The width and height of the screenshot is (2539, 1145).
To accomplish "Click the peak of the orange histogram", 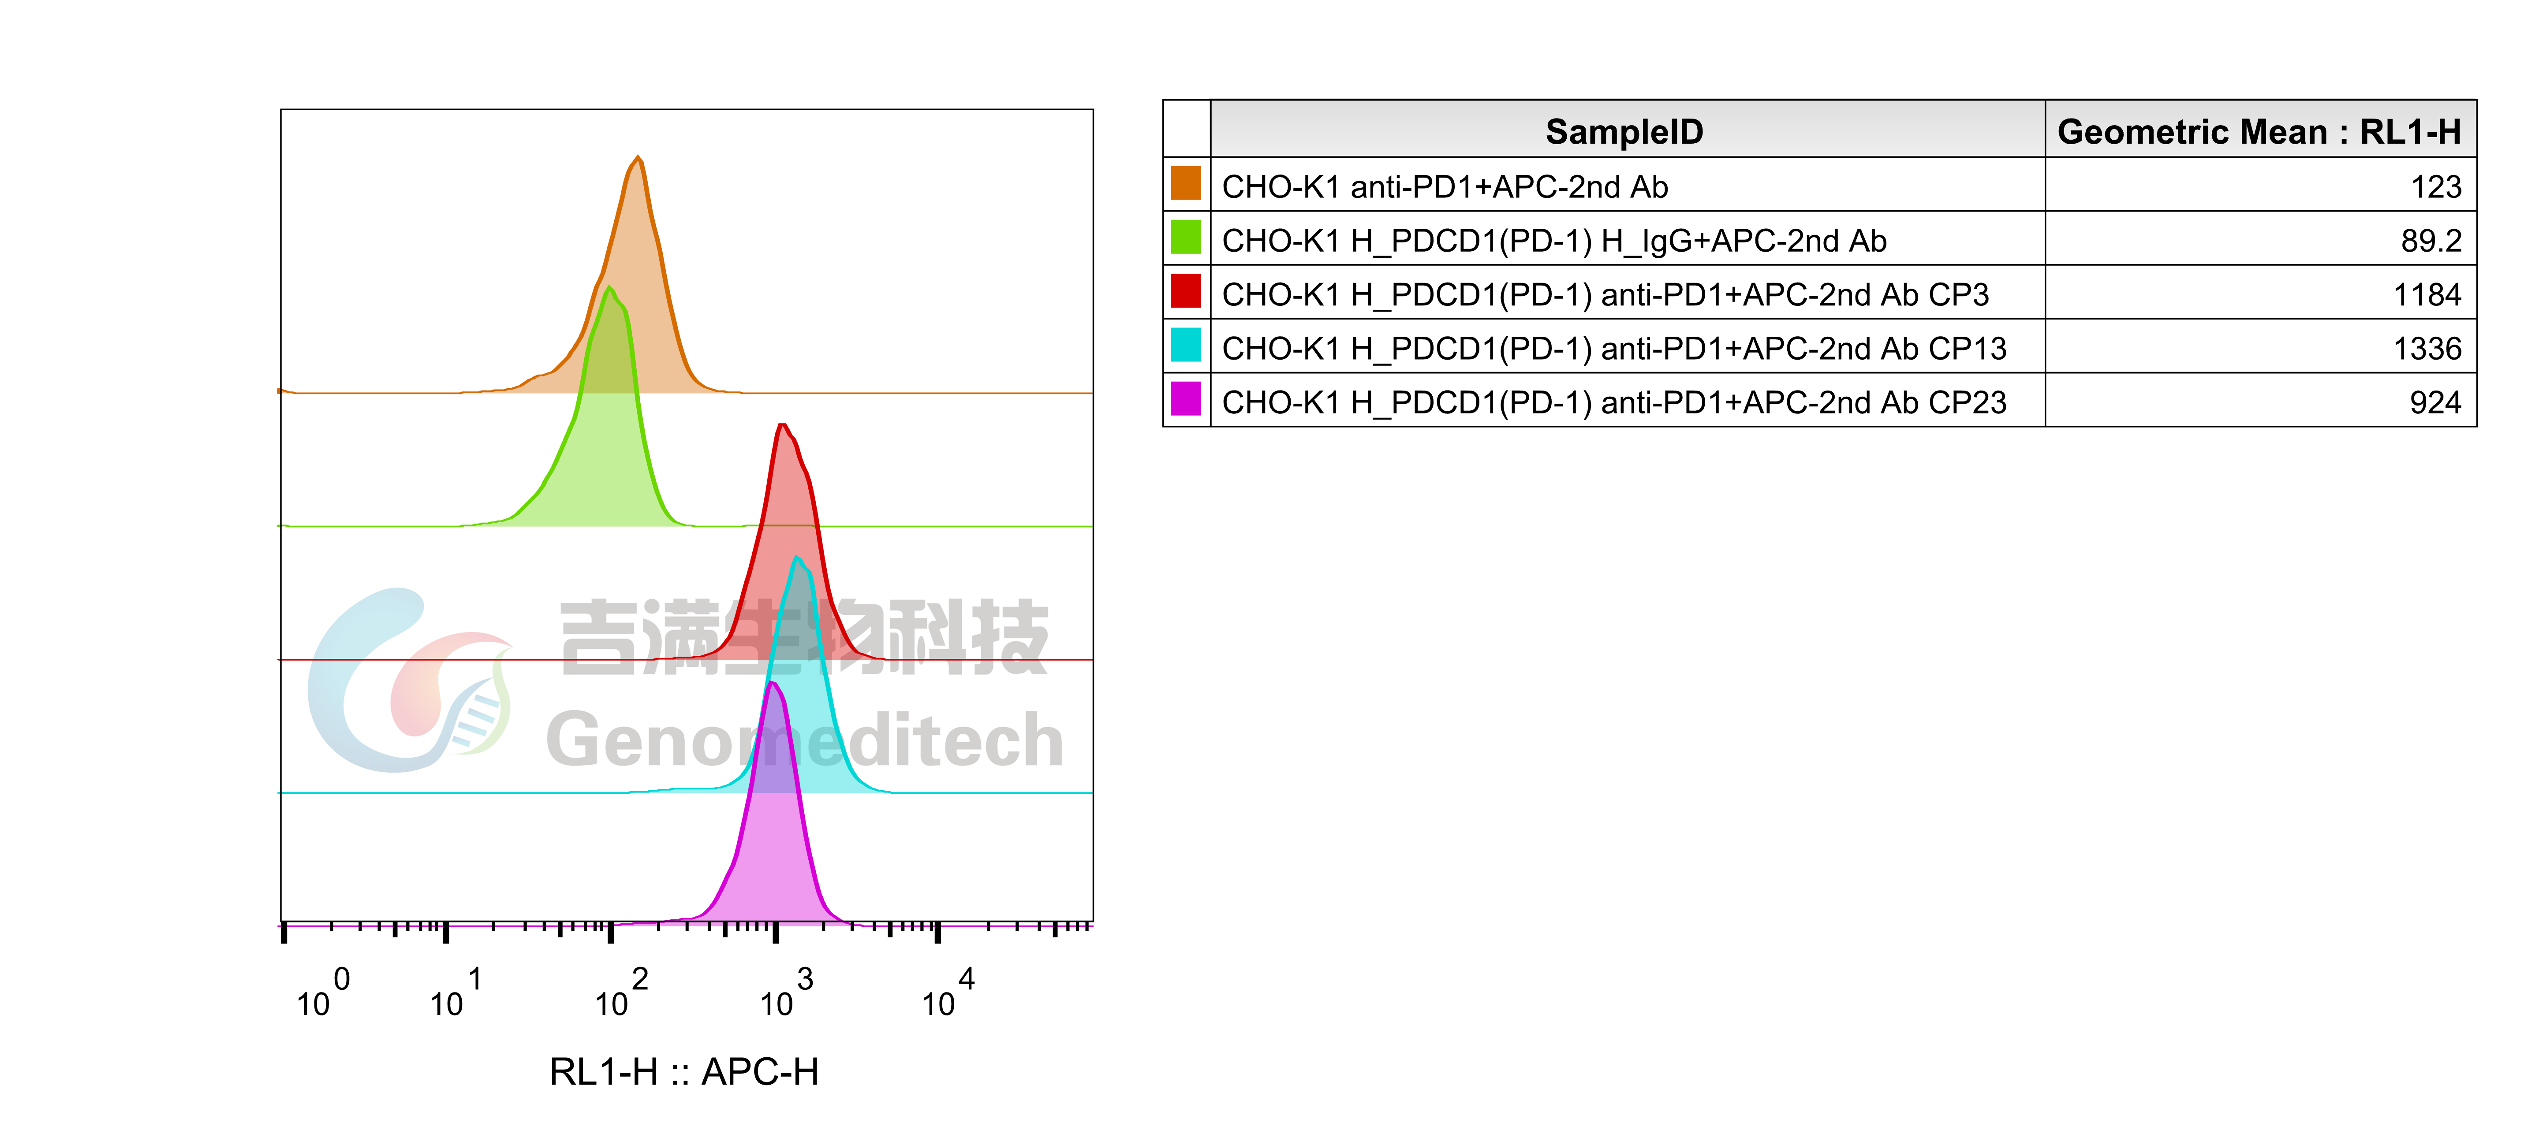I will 638,158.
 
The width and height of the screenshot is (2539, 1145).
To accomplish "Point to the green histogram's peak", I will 610,289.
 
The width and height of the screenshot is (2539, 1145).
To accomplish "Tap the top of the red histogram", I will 783,426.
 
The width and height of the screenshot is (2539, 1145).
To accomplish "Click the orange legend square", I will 1186,183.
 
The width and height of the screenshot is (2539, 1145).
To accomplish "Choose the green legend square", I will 1186,237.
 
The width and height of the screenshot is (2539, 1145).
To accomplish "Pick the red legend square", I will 1186,291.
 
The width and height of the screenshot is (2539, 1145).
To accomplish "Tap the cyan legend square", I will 1186,345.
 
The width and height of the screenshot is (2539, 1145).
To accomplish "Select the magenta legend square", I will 1186,398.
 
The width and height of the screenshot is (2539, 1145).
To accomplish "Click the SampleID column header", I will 1624,131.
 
